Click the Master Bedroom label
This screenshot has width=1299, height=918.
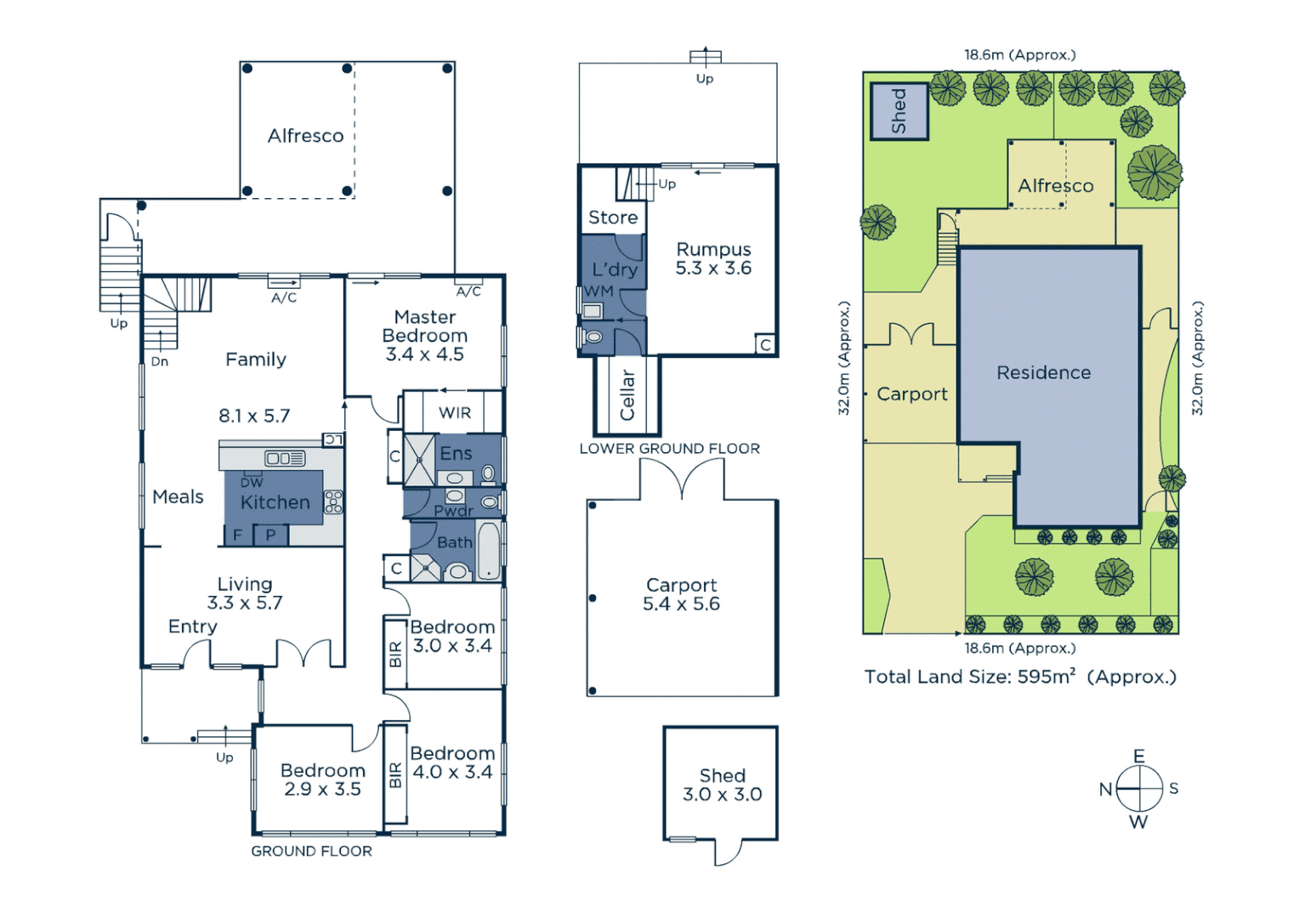[x=424, y=326]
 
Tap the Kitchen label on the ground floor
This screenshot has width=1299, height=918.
[x=275, y=502]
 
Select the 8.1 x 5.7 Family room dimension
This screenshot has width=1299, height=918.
[x=254, y=416]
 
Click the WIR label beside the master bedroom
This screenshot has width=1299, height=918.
[x=455, y=413]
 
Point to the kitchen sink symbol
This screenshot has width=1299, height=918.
[x=285, y=458]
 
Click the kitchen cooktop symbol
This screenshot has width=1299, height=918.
[x=333, y=502]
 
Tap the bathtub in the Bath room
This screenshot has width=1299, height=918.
[x=488, y=551]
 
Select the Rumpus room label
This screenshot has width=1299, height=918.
[x=713, y=250]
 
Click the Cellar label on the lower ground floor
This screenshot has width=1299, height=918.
[x=627, y=394]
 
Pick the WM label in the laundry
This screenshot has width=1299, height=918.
[x=598, y=292]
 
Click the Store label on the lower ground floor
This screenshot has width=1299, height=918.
[x=613, y=218]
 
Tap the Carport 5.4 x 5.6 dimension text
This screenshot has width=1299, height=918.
[x=681, y=604]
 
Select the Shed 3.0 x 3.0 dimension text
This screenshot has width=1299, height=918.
[x=722, y=795]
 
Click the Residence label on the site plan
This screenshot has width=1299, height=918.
[x=1043, y=372]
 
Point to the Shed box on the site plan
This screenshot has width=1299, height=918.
[x=899, y=111]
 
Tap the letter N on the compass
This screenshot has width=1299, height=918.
[x=1105, y=790]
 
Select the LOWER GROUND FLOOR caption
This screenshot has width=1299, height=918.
[x=669, y=449]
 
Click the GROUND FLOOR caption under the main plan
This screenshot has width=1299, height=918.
[x=311, y=851]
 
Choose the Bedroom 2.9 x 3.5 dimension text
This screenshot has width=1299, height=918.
[x=322, y=790]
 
